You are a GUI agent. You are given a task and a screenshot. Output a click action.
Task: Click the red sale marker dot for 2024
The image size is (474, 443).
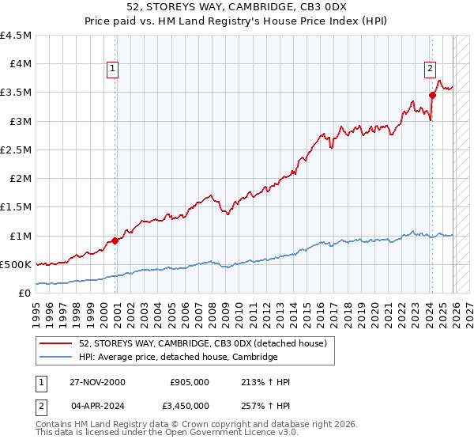(432, 95)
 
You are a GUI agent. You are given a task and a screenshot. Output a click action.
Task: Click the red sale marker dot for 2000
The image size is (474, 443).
(115, 240)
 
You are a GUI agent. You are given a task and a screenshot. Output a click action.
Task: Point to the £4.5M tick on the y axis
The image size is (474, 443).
(17, 36)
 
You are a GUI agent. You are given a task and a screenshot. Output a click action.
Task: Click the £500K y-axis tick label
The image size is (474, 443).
(16, 264)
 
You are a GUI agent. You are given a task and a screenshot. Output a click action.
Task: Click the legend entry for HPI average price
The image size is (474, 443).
(178, 358)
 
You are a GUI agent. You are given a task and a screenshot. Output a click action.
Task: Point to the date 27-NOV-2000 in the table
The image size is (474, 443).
(97, 382)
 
